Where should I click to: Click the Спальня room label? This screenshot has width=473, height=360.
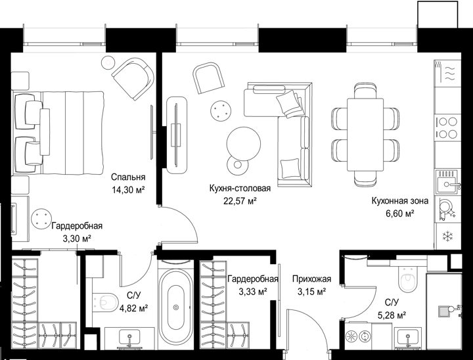[x=128, y=177]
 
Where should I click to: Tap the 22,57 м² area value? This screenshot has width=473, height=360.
[x=240, y=201]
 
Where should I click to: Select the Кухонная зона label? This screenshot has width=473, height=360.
[x=399, y=200]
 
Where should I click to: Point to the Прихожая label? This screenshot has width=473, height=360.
[x=311, y=279]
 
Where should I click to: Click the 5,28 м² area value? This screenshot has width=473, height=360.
[x=392, y=315]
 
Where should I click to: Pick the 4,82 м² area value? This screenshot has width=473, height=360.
[x=133, y=308]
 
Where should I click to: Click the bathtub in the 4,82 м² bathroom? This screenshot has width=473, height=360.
[x=176, y=307]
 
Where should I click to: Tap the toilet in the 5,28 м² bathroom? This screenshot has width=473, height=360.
[x=409, y=279]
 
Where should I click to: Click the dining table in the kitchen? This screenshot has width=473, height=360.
[x=365, y=134]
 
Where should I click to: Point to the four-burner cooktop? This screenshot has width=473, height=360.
[x=448, y=127]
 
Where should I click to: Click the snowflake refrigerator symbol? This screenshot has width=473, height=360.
[x=447, y=236]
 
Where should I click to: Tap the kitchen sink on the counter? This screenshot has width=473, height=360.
[x=448, y=182]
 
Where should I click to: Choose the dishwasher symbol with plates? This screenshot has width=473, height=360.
[x=447, y=209]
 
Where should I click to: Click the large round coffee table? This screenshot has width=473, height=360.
[x=244, y=144]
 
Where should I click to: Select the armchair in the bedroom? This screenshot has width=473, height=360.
[x=133, y=78]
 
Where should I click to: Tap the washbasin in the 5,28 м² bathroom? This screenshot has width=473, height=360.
[x=408, y=337]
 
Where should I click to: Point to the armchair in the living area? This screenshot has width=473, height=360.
[x=208, y=78]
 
